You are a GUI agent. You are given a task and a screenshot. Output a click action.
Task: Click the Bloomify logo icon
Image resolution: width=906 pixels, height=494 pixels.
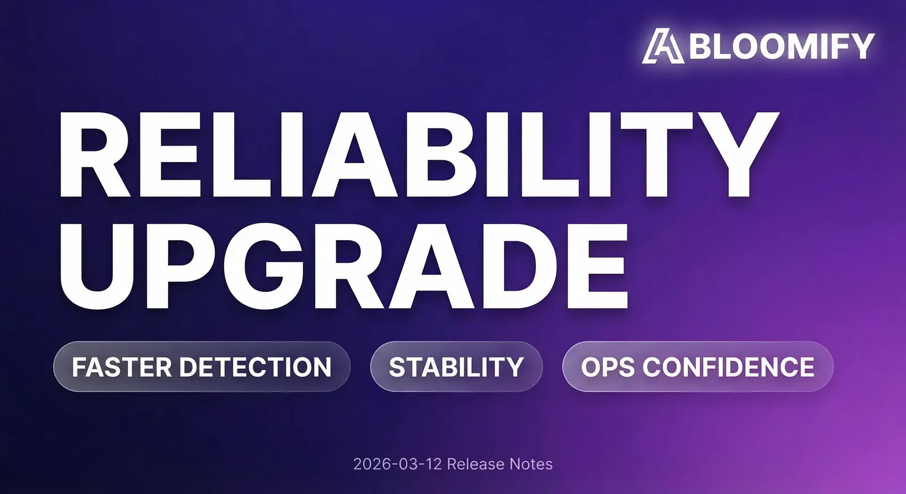663,46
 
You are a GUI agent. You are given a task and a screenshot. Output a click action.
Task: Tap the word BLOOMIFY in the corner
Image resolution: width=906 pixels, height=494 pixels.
782,46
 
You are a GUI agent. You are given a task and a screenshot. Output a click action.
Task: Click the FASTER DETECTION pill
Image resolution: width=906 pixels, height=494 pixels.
202,367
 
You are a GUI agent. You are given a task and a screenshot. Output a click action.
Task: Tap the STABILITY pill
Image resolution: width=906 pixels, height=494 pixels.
456,367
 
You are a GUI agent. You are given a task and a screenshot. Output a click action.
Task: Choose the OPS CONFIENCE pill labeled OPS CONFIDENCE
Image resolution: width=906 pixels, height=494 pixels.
698,367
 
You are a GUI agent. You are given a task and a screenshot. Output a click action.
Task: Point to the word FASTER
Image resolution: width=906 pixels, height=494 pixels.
122,367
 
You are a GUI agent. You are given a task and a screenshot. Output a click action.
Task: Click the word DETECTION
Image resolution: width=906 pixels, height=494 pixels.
255,367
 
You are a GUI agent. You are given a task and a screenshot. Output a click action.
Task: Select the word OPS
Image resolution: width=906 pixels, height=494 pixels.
608,367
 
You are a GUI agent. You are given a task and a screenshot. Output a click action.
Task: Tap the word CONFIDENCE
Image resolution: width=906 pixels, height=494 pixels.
728,367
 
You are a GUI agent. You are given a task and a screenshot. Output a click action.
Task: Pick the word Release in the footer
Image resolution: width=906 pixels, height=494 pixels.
476,464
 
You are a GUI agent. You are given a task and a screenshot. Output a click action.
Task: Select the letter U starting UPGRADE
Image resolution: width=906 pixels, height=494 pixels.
97,267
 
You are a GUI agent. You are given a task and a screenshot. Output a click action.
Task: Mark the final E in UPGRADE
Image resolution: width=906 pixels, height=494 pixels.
598,266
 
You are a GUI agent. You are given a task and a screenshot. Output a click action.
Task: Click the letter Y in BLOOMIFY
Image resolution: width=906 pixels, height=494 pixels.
860,46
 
